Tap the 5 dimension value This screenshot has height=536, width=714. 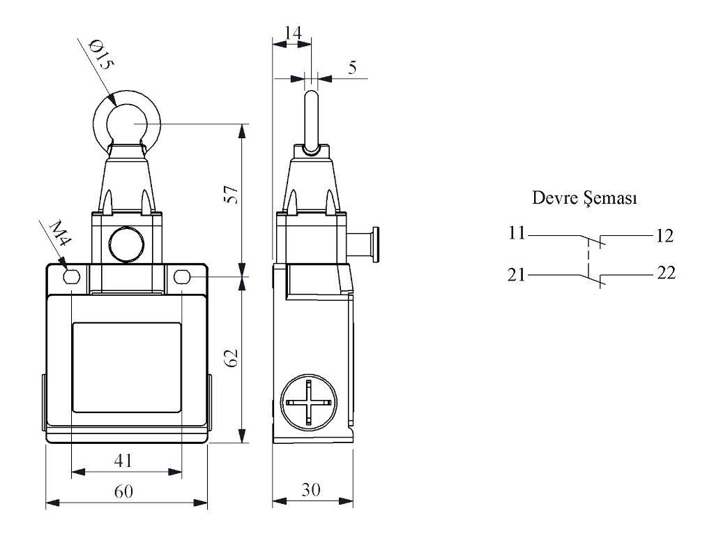(x=352, y=68)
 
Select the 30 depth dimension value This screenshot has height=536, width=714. (x=311, y=491)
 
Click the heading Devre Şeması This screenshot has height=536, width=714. (x=584, y=198)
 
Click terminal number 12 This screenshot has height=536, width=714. (x=664, y=236)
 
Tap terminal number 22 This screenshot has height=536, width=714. (x=666, y=273)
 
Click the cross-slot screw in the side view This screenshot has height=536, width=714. (x=309, y=403)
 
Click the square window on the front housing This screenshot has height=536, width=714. (x=126, y=366)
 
